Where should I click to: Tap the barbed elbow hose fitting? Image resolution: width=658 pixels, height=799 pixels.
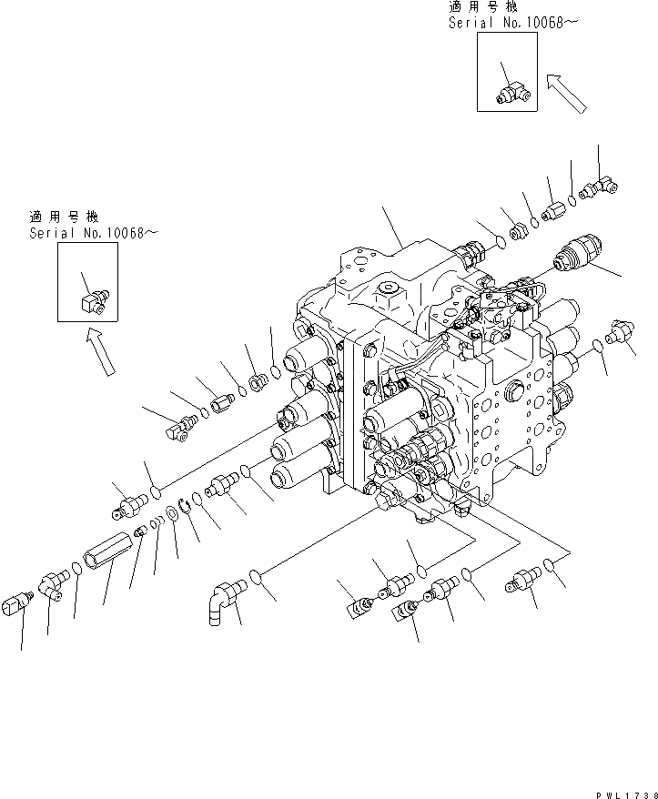218,603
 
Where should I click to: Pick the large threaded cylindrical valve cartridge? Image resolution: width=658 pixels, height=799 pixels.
580,251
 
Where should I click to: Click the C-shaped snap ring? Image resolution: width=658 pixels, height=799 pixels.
185,502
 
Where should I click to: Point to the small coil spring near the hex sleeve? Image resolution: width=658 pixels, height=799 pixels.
156,525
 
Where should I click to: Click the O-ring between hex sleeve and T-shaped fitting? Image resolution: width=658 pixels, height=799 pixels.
77,570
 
